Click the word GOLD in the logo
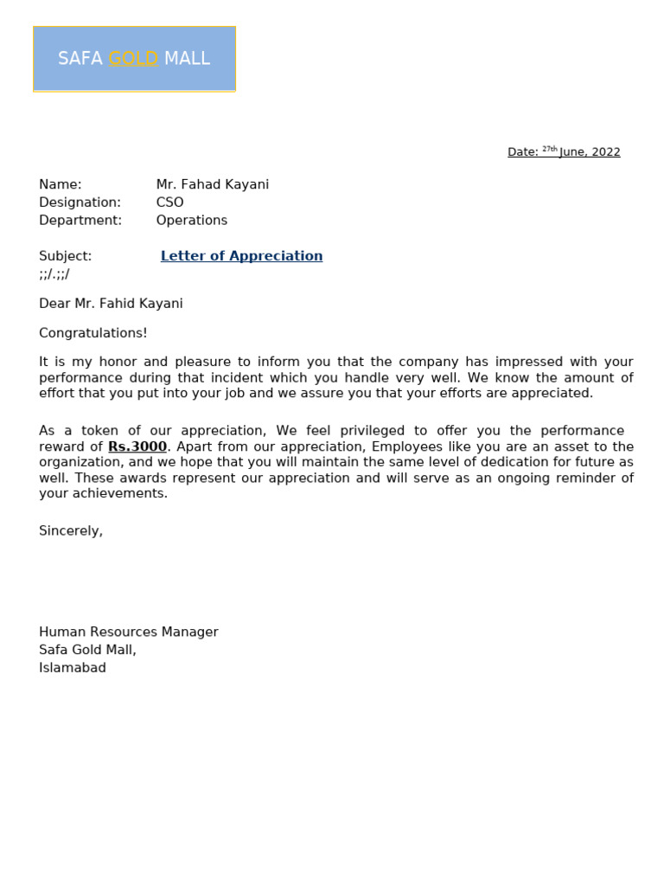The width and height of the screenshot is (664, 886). [x=133, y=59]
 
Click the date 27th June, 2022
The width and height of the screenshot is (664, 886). [x=579, y=152]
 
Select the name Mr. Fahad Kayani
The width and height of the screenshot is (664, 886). [x=212, y=184]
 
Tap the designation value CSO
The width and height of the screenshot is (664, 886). [x=169, y=202]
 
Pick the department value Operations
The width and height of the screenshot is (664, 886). [x=191, y=221]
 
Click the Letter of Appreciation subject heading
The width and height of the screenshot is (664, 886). [x=241, y=256]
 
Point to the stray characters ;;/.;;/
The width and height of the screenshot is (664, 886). [x=54, y=274]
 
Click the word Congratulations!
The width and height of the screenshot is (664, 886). [x=93, y=333]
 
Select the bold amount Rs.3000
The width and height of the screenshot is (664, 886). [x=137, y=447]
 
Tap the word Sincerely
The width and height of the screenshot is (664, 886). [x=70, y=530]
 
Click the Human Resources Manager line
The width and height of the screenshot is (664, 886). [x=128, y=632]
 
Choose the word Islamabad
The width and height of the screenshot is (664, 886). [x=72, y=668]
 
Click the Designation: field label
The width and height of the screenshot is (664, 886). [x=80, y=202]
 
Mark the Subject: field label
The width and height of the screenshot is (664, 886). [x=65, y=256]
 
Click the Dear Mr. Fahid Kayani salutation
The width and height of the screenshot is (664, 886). [x=111, y=304]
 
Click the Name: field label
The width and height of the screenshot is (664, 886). [x=60, y=184]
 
